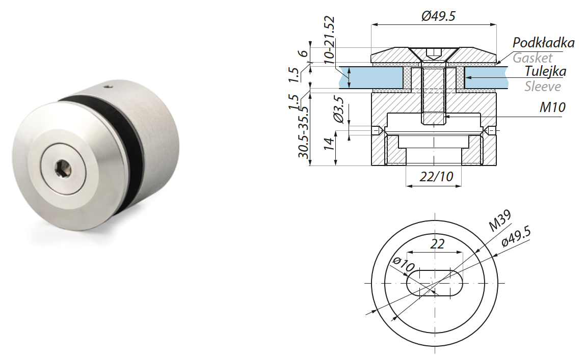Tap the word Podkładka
pyautogui.click(x=543, y=42)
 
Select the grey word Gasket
pyautogui.click(x=532, y=58)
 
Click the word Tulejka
pyautogui.click(x=545, y=71)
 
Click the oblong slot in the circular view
pyautogui.click(x=435, y=283)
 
